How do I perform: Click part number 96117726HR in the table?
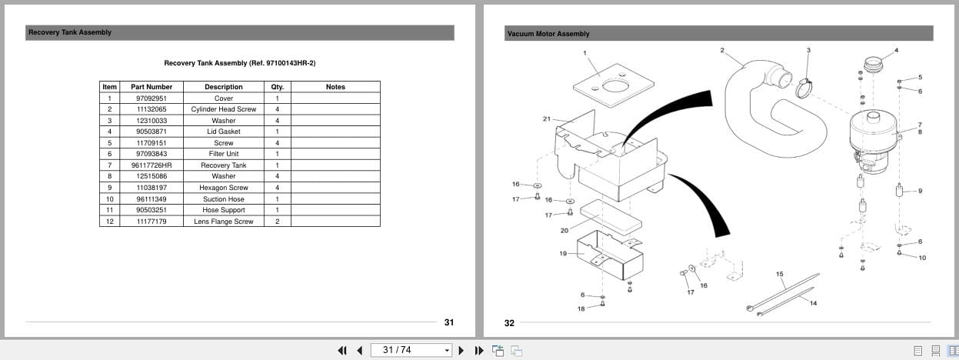tap(152, 165)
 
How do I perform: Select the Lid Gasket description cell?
tap(223, 132)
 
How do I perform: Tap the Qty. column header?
tap(277, 87)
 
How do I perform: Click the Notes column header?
tap(335, 87)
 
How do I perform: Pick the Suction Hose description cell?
tap(223, 199)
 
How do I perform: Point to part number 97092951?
tap(152, 98)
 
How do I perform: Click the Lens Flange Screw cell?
tap(223, 222)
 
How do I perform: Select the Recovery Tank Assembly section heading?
tap(70, 32)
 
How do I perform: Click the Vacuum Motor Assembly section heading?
tap(548, 34)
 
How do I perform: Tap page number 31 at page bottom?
tap(449, 322)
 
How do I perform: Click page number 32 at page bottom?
tap(509, 323)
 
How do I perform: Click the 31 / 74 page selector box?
tap(411, 350)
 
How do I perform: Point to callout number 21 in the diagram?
tap(547, 119)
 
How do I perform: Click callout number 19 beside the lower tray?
tap(563, 253)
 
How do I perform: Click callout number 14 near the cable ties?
tap(813, 303)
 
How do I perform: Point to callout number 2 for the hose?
tap(721, 50)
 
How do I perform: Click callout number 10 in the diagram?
tap(922, 258)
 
